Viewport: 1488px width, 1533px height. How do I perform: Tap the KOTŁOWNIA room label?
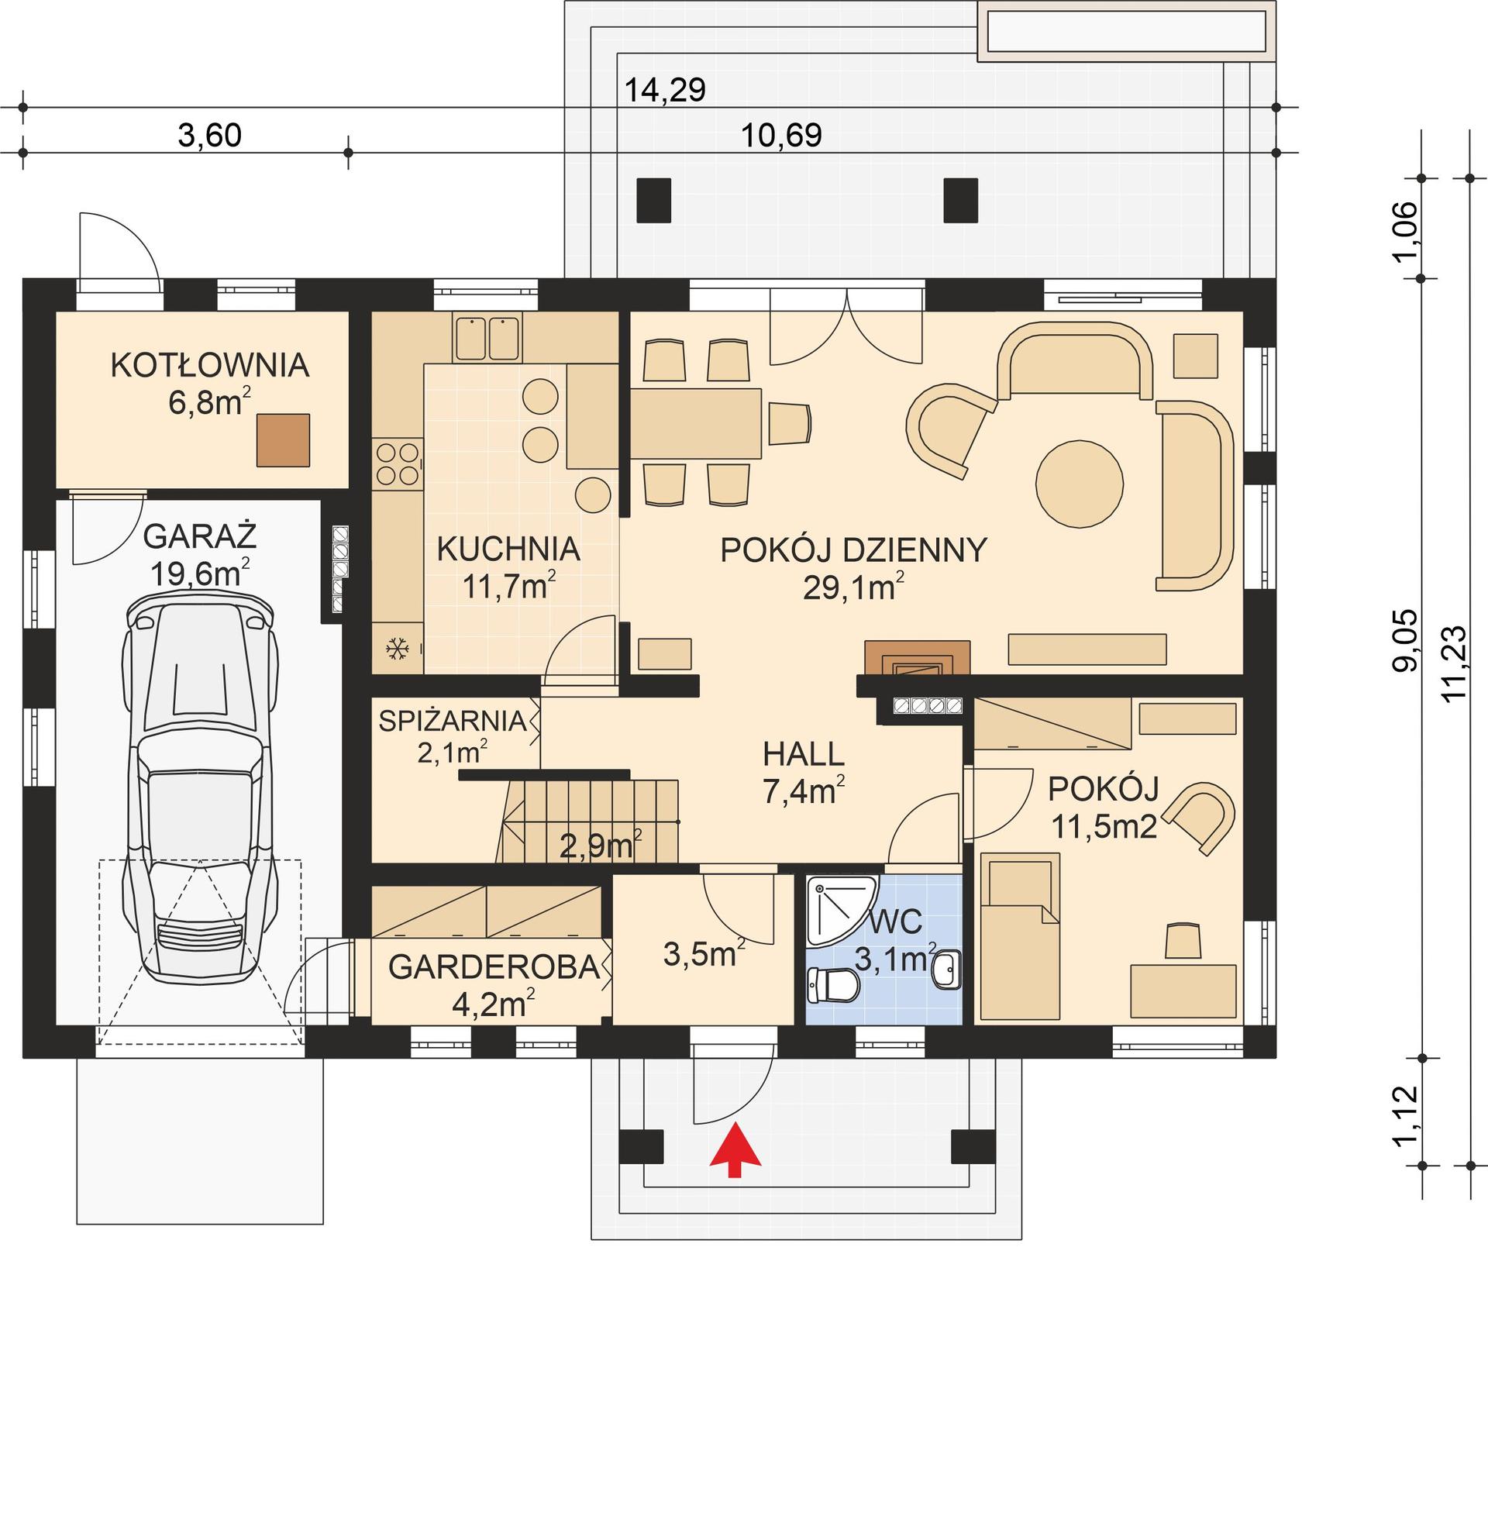(209, 365)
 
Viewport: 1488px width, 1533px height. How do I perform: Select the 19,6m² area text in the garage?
(199, 574)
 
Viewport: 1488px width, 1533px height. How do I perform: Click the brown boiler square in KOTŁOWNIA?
(283, 440)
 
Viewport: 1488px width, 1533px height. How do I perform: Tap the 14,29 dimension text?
(666, 91)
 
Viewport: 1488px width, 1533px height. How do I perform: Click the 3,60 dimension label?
(209, 136)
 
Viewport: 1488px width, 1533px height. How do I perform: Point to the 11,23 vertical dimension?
(1455, 665)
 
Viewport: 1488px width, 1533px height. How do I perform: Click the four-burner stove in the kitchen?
(398, 463)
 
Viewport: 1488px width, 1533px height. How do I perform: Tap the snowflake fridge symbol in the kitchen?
(398, 648)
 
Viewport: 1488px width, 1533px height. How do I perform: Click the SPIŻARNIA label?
(452, 720)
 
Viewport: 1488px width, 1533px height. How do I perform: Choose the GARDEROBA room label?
(494, 968)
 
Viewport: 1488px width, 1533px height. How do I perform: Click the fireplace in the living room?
(917, 658)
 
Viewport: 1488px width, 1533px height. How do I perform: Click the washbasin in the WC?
(947, 970)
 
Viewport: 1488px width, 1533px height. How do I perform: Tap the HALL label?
(803, 755)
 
